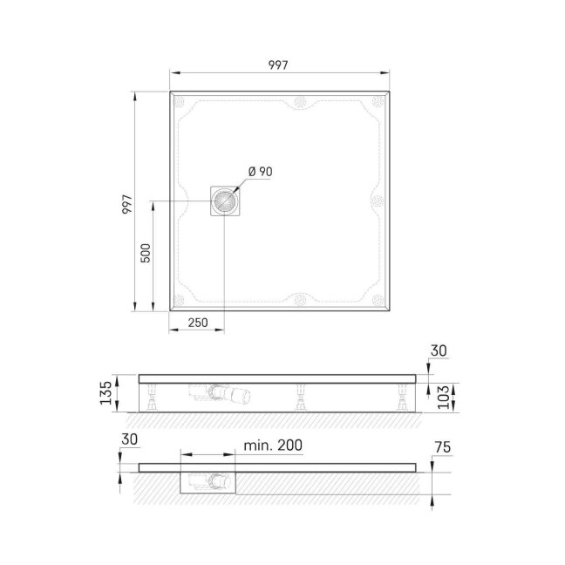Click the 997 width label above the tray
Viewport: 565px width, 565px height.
(x=278, y=65)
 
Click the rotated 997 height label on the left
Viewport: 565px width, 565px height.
(x=127, y=205)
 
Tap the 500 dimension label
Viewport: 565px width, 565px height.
(x=146, y=253)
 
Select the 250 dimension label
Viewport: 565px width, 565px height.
(x=198, y=322)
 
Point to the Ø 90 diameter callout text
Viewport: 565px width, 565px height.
(x=260, y=172)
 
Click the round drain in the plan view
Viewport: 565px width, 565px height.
(x=224, y=201)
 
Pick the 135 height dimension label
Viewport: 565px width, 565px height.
(x=106, y=393)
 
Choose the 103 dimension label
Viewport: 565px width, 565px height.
(x=444, y=397)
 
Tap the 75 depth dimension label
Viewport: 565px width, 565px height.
(x=442, y=447)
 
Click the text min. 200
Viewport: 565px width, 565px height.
(x=273, y=446)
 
